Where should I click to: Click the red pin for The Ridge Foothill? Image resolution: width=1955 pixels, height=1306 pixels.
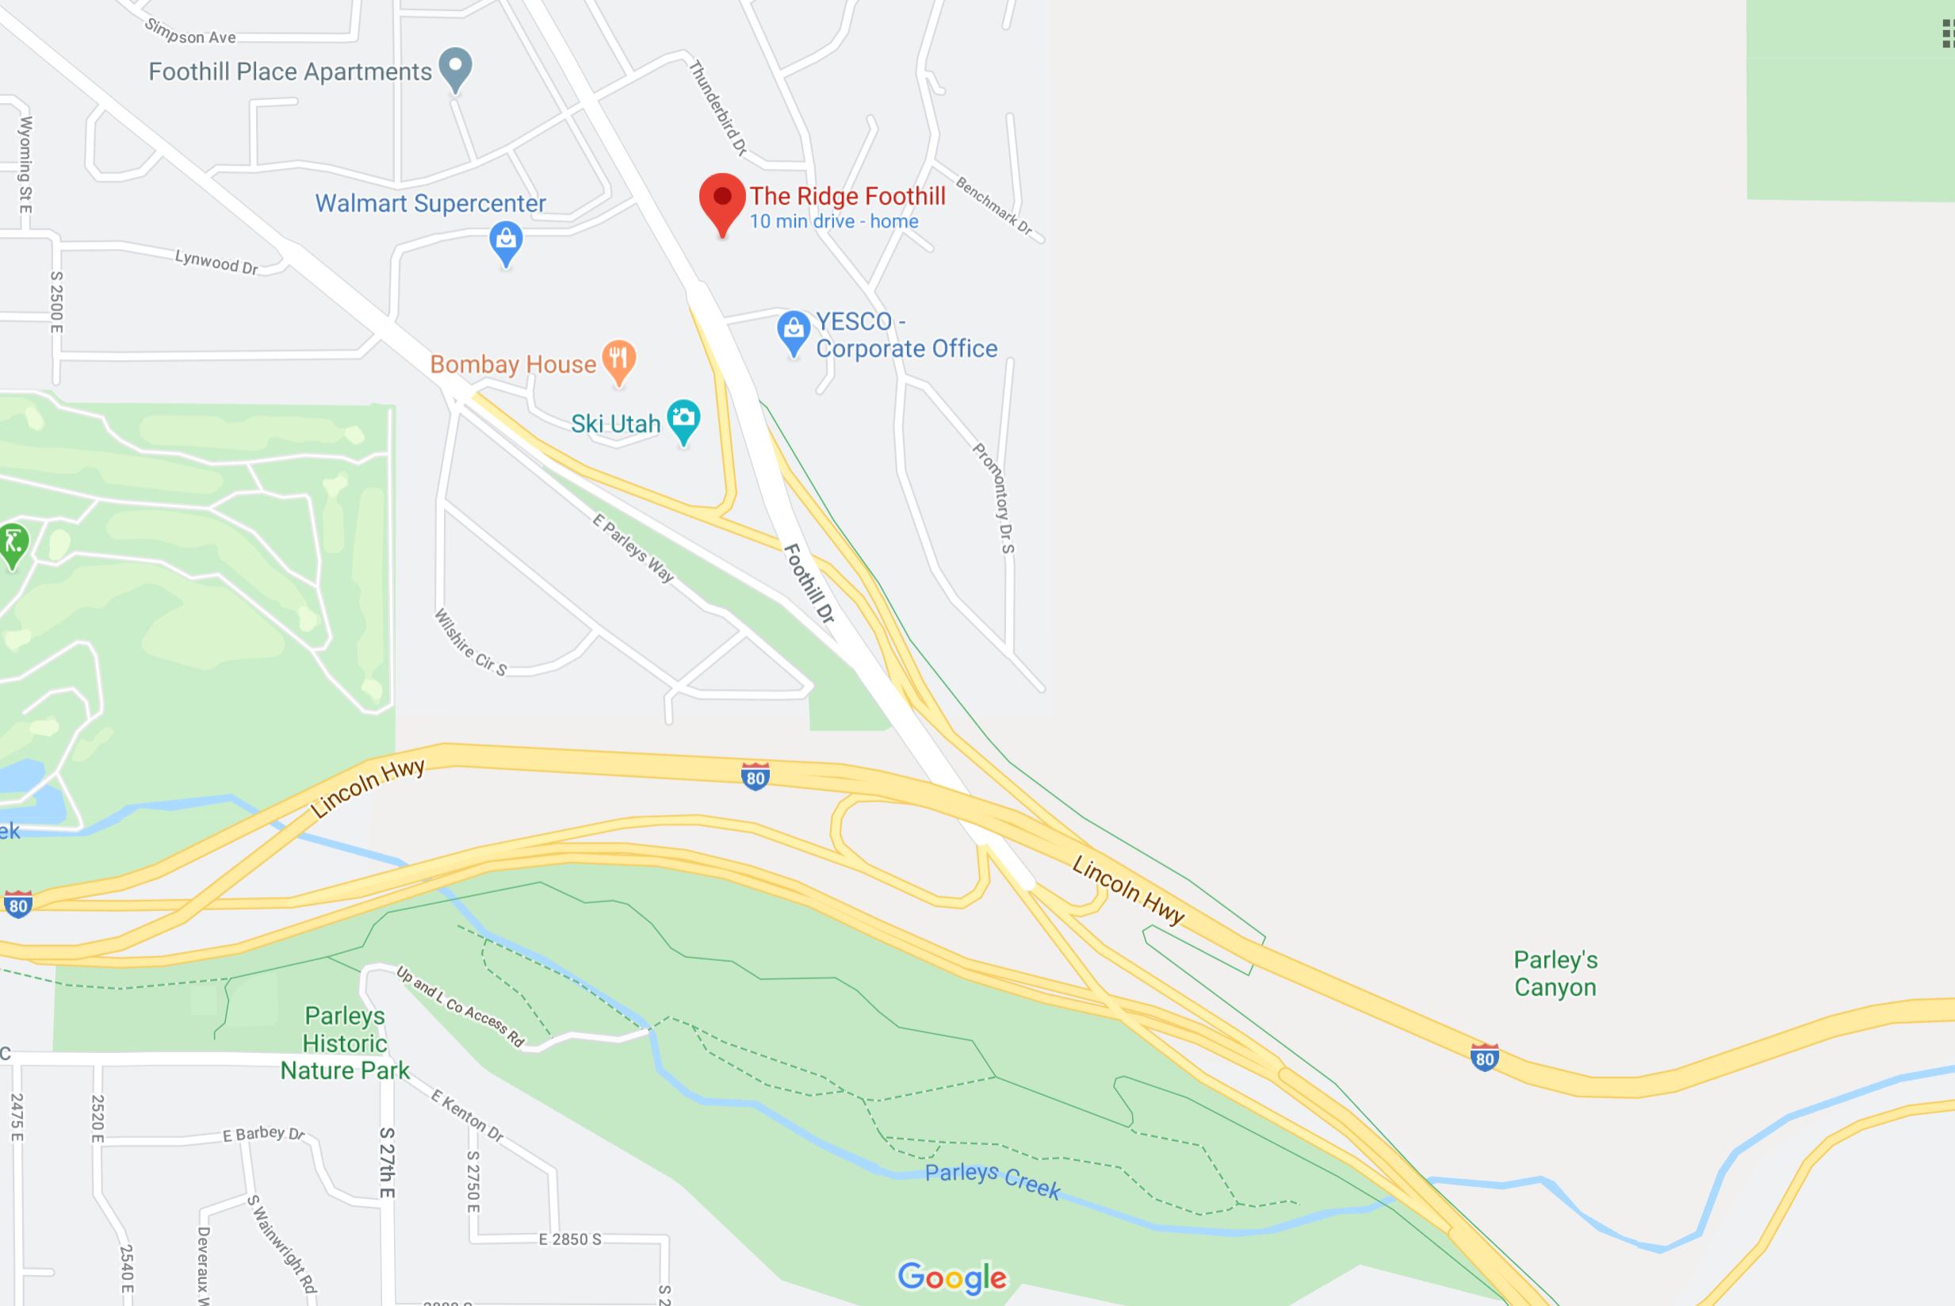pos(722,200)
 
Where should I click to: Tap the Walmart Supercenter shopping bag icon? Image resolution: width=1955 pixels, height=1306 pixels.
pos(506,242)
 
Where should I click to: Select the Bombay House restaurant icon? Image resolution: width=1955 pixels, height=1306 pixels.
pos(618,360)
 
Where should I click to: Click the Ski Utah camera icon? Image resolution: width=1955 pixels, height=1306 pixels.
pos(683,418)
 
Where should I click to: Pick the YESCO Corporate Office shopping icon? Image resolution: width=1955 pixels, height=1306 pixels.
pos(794,331)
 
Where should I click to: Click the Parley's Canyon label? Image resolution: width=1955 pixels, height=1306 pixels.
pos(1555,974)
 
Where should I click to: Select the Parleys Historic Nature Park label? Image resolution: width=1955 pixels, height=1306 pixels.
pos(345,1043)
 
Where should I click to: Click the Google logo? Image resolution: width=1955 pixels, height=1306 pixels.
pos(951,1277)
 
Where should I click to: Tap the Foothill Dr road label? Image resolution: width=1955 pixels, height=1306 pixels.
pos(809,583)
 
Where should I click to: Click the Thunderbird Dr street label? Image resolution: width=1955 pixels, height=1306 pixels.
pos(717,107)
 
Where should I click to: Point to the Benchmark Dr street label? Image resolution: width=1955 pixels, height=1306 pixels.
pos(993,205)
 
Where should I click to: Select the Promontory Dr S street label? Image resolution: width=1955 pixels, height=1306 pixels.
pos(994,497)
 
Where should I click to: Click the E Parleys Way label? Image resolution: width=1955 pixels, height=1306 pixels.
pos(633,547)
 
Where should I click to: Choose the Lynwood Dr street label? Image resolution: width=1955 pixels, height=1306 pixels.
pos(216,262)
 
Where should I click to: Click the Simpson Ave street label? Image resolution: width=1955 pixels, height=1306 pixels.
pos(191,32)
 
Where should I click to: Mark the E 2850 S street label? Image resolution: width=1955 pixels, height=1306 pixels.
pos(569,1239)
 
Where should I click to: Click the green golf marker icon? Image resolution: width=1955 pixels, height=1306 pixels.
pos(13,543)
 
